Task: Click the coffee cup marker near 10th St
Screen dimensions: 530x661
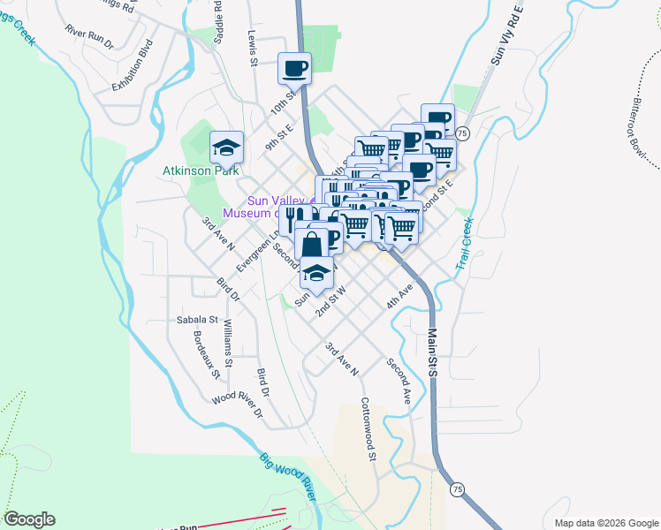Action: (295, 67)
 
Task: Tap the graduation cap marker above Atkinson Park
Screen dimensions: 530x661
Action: (226, 147)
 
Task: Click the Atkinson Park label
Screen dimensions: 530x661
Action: (201, 170)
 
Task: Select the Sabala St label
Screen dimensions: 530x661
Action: (196, 320)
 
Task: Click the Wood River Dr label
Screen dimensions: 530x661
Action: (237, 405)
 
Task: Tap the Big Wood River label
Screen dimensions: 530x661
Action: (287, 478)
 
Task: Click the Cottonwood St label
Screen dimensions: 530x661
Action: (368, 430)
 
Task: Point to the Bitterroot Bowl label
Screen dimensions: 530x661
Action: (642, 132)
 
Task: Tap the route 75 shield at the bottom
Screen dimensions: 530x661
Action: (456, 488)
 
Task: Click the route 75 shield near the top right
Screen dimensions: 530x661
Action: (463, 132)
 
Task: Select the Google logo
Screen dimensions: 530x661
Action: (29, 519)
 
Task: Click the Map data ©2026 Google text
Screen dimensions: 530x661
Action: (605, 523)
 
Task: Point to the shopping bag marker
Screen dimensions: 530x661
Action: (312, 244)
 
